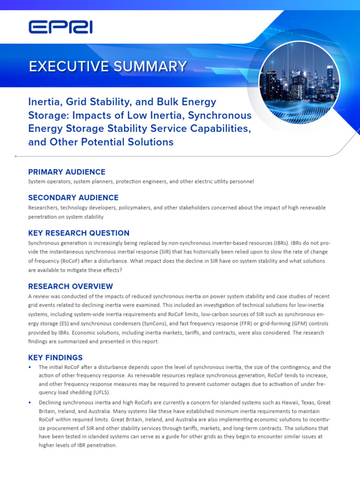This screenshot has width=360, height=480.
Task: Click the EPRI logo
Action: click(60, 27)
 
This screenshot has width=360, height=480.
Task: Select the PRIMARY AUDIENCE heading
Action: click(67, 172)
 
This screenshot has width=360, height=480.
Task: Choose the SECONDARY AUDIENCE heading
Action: click(73, 197)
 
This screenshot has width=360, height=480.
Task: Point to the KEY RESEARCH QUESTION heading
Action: click(79, 233)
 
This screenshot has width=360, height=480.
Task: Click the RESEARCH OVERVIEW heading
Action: click(70, 286)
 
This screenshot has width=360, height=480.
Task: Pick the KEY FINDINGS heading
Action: click(55, 358)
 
